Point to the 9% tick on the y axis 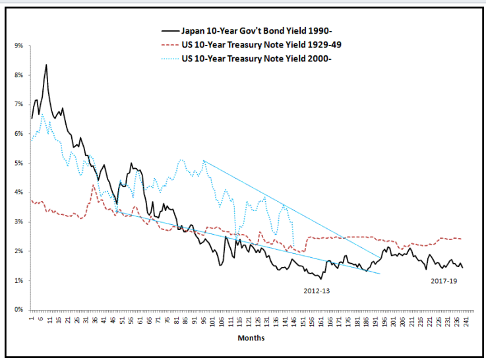click(x=18, y=46)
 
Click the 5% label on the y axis click(x=18, y=163)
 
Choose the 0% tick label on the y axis click(x=18, y=309)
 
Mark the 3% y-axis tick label click(x=18, y=222)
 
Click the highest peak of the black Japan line click(x=46, y=65)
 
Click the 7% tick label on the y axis click(x=18, y=105)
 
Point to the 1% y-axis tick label click(x=18, y=280)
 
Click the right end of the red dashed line click(x=460, y=239)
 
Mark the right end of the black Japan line click(x=462, y=267)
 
